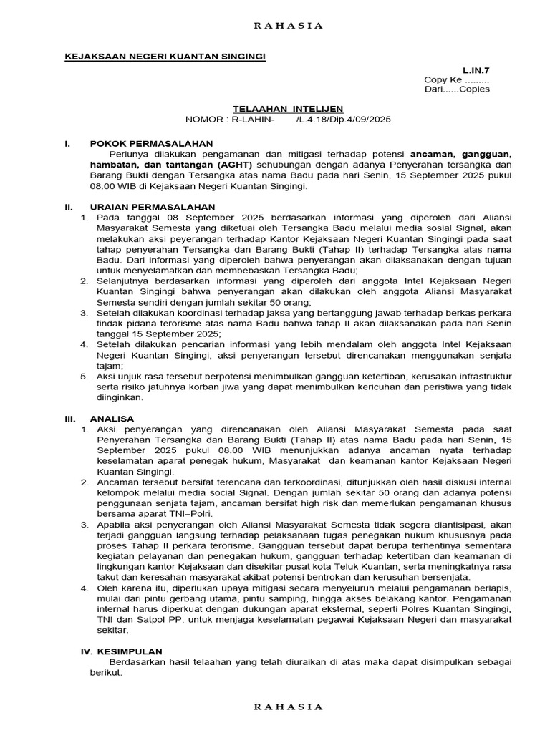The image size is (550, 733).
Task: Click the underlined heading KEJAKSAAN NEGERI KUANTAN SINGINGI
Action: pos(165,57)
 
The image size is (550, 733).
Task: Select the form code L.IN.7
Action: pos(476,70)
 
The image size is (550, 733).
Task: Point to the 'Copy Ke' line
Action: pos(456,80)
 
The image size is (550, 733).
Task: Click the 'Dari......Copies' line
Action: pos(457,90)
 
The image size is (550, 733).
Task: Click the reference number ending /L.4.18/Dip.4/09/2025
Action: pos(343,120)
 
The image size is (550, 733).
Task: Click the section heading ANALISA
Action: pos(112,418)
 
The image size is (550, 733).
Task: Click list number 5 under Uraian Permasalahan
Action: pos(83,376)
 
